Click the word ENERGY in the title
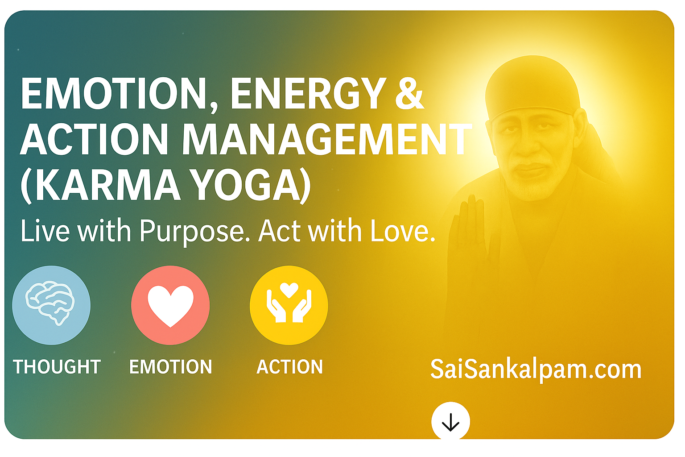coord(308,94)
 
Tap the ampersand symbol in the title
coord(409,94)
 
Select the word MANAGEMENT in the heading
coord(326,139)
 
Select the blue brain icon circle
coord(51,305)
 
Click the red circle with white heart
coord(170,305)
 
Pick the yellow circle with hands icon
coord(289,305)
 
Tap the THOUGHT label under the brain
coord(57,367)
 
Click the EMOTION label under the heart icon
coord(170,367)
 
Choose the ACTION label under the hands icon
coord(289,367)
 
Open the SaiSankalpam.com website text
coord(536,370)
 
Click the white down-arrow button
coord(450,421)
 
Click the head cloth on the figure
coord(531,87)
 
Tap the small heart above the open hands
coord(289,290)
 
